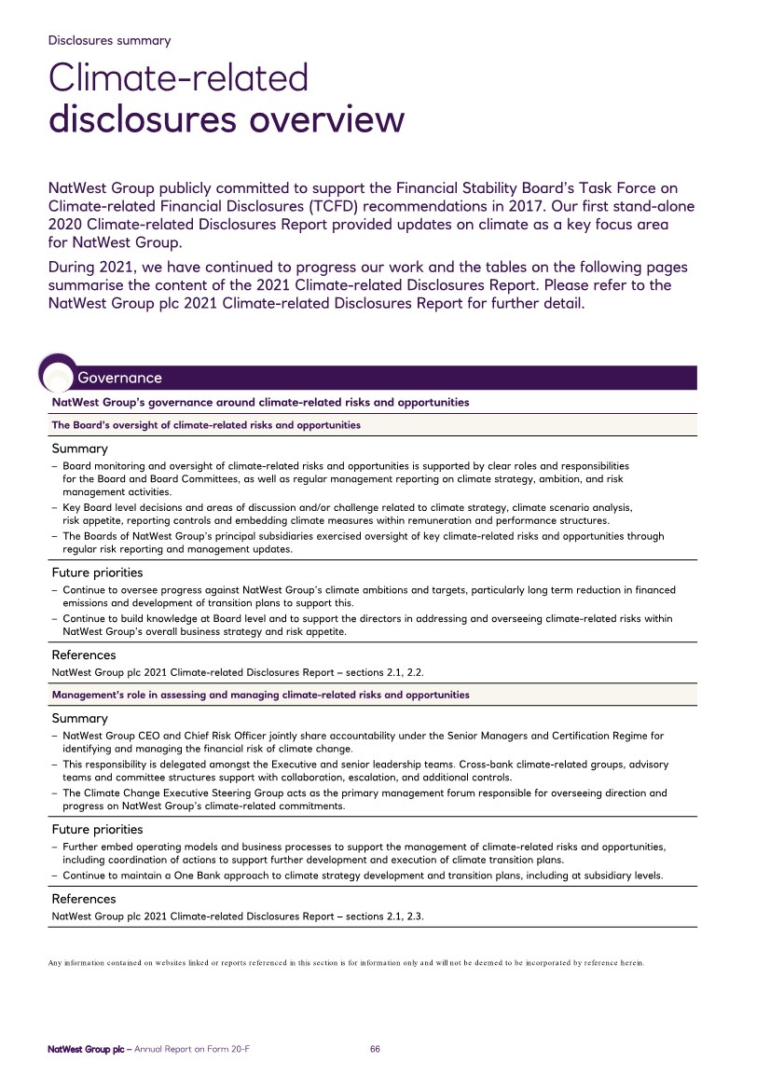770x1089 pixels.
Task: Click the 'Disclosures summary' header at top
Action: (110, 40)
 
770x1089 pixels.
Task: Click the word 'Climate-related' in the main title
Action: (179, 77)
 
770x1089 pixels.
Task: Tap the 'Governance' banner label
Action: (119, 378)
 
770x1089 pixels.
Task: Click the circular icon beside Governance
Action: (58, 373)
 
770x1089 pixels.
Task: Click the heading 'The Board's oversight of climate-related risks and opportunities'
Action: (206, 425)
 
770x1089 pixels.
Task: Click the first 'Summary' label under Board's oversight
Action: (79, 448)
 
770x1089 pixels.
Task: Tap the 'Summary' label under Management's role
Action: (79, 719)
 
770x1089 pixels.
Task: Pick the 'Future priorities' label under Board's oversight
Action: (97, 572)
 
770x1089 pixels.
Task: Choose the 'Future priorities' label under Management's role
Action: (97, 829)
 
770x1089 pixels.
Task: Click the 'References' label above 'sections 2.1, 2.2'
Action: (84, 655)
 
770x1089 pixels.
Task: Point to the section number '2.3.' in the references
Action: (415, 917)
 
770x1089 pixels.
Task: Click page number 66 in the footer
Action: (375, 1049)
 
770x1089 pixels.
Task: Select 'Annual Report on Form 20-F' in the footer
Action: (192, 1049)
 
